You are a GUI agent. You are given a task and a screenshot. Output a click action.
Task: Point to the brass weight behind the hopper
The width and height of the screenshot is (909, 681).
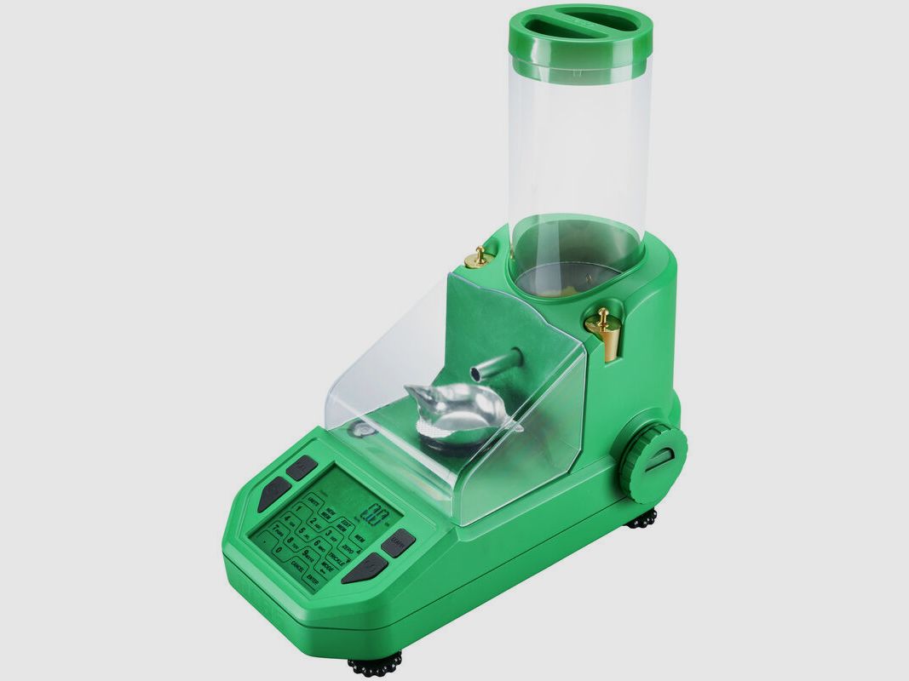pos(480,255)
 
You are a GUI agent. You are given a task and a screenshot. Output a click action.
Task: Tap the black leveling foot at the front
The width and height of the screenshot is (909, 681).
pos(375,662)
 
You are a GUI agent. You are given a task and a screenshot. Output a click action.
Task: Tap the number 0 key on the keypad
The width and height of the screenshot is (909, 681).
pos(278,551)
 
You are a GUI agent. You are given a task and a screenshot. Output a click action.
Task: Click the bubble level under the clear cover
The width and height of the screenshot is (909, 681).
pos(362,431)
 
